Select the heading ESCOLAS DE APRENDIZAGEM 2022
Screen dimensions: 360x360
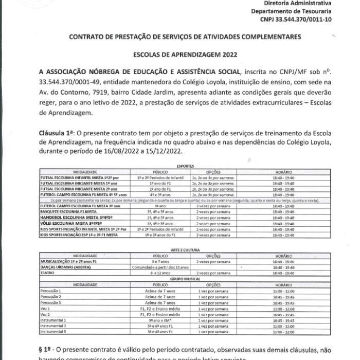[x=179, y=54]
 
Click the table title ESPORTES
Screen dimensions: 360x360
[x=179, y=167]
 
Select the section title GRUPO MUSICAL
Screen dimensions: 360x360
[x=179, y=278]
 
